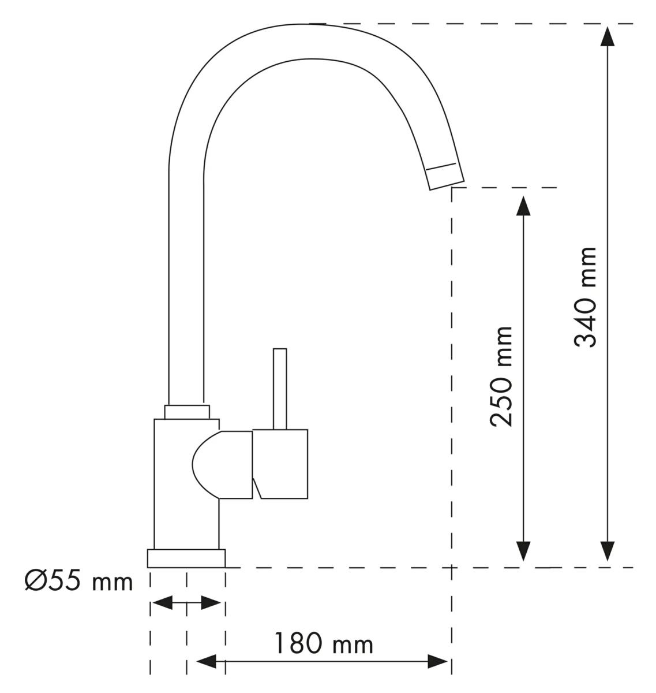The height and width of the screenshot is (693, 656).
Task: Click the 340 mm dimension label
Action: point(586,296)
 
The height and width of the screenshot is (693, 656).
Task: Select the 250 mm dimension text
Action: point(501,376)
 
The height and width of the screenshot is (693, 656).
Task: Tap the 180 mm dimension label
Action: point(323,643)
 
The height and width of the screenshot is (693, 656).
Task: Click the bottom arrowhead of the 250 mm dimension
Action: point(523,552)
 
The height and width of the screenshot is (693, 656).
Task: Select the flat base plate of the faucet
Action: point(186,558)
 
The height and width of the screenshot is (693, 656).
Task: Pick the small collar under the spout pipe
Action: point(186,412)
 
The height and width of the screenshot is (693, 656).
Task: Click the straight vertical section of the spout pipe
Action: point(185,289)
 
